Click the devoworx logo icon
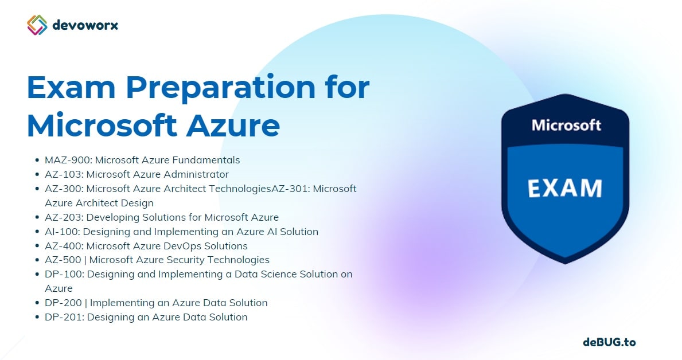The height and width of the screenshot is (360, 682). click(37, 25)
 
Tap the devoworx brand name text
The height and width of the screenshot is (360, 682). click(85, 25)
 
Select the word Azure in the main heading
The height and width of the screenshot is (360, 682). click(233, 126)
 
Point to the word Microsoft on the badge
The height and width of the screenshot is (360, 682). click(566, 125)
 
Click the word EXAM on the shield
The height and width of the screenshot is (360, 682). click(565, 188)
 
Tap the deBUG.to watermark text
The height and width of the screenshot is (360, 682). click(609, 342)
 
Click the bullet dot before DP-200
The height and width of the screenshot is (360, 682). click(37, 303)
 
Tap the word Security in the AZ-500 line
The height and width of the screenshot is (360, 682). click(185, 260)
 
